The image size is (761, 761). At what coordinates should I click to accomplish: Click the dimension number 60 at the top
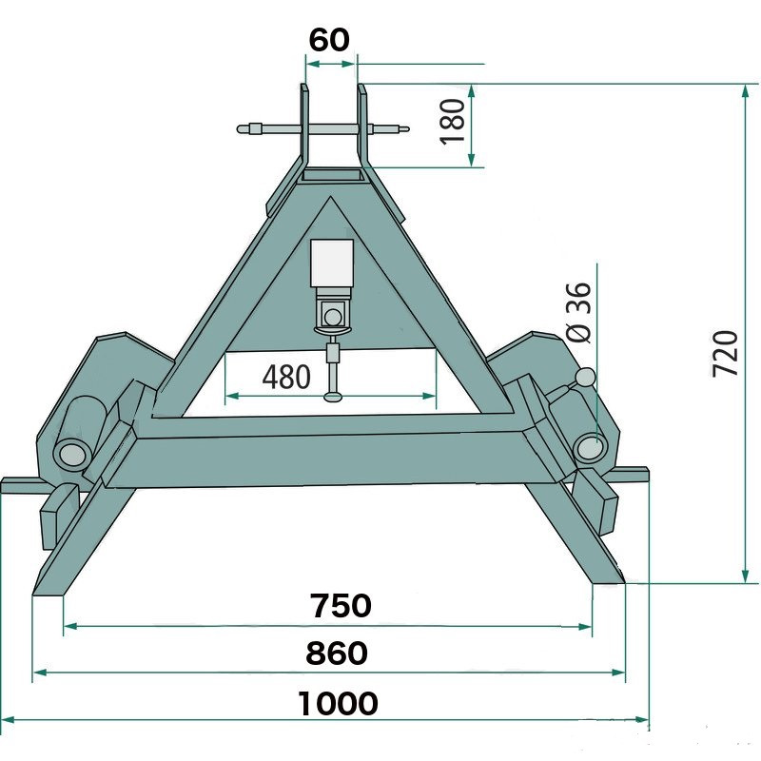pyautogui.click(x=329, y=39)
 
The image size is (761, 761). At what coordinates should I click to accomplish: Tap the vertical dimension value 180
pyautogui.click(x=453, y=122)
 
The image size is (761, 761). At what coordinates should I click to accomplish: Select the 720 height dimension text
pyautogui.click(x=725, y=353)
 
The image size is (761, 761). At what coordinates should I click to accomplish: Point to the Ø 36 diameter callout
pyautogui.click(x=578, y=313)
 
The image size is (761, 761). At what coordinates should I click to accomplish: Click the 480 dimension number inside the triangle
pyautogui.click(x=286, y=377)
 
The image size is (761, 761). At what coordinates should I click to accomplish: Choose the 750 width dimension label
pyautogui.click(x=341, y=605)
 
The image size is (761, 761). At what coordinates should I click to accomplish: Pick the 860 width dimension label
pyautogui.click(x=337, y=653)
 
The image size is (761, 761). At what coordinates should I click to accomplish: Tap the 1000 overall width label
pyautogui.click(x=338, y=703)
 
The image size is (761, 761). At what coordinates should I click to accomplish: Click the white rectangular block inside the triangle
pyautogui.click(x=332, y=263)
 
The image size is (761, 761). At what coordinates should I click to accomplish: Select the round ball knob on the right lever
pyautogui.click(x=586, y=377)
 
